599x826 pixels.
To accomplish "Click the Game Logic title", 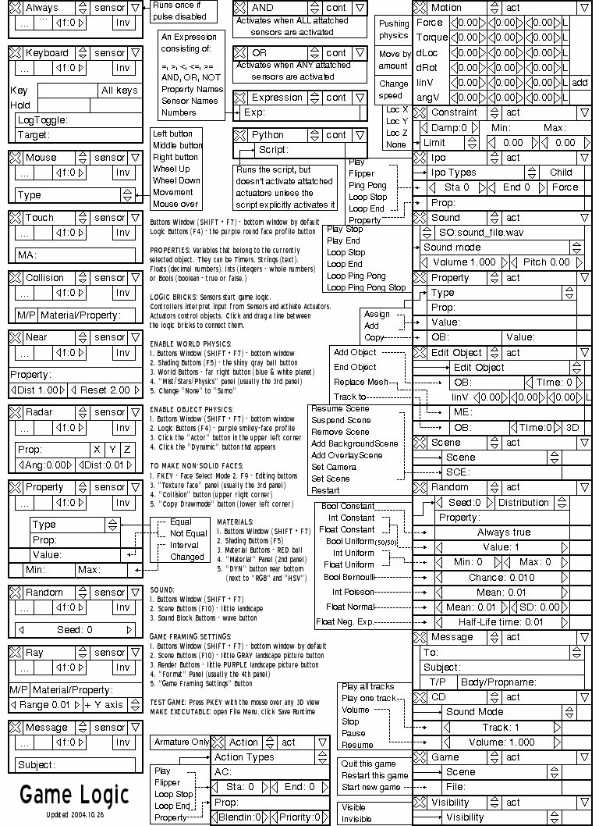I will click(74, 795).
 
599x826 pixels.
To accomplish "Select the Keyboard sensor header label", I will click(46, 53).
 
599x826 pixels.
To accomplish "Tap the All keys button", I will click(119, 91).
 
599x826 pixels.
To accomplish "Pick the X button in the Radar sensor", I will click(97, 450).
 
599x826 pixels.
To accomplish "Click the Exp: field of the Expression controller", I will click(299, 112).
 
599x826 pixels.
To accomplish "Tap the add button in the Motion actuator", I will click(580, 82).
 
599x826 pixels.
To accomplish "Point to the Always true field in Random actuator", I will click(503, 532).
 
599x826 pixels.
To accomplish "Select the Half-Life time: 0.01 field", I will click(501, 622).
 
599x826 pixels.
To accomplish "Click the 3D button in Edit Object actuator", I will click(572, 428).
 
